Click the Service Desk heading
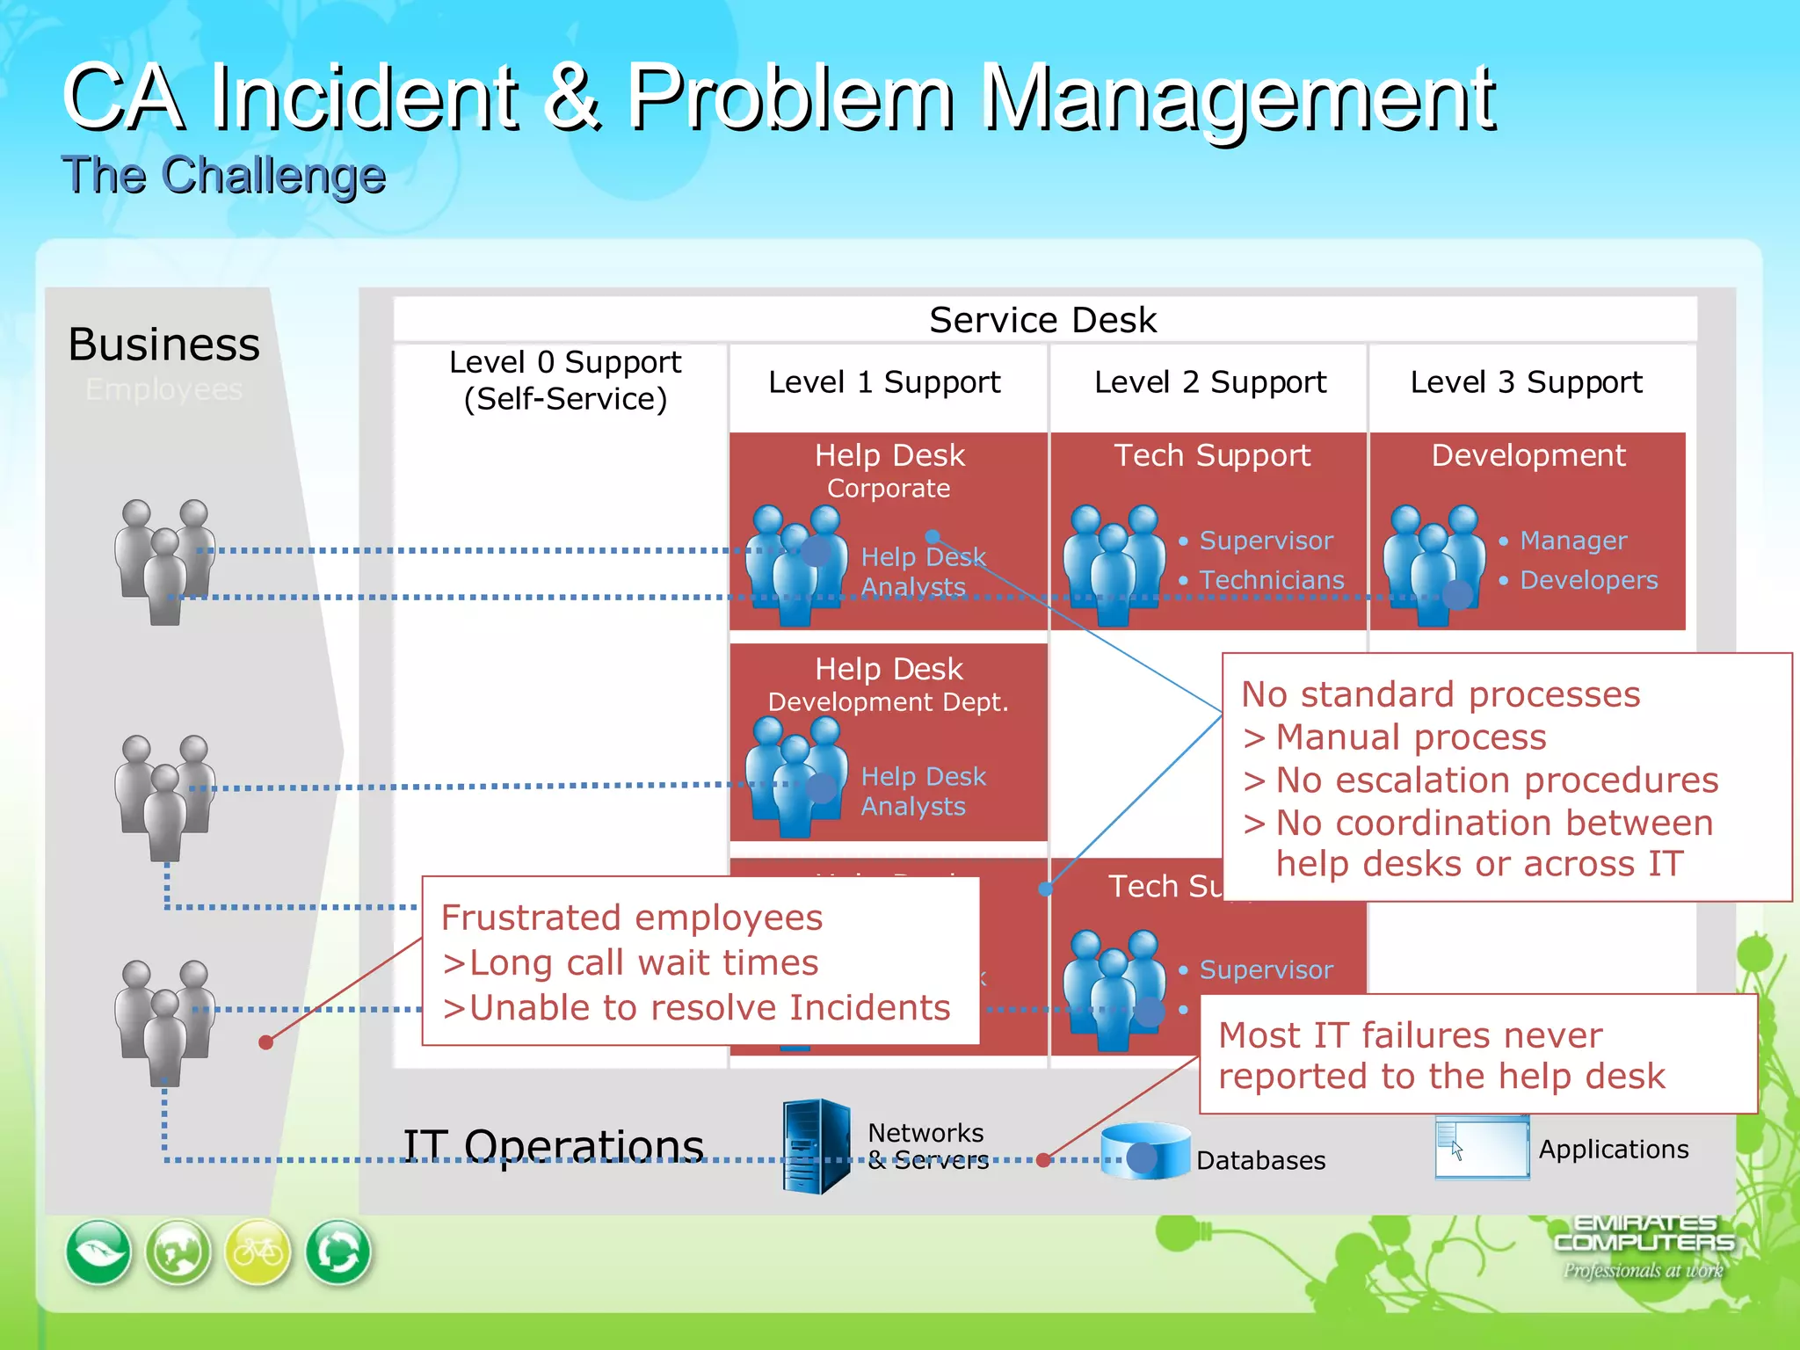(x=1042, y=320)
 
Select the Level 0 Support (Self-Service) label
(x=565, y=381)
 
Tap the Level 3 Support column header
(x=1526, y=382)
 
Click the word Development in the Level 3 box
(x=1528, y=455)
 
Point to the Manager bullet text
(x=1573, y=541)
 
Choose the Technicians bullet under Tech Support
(x=1271, y=580)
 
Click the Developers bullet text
(x=1588, y=580)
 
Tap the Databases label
(x=1260, y=1160)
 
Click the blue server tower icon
(x=817, y=1146)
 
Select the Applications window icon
(x=1482, y=1147)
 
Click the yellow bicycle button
(x=258, y=1252)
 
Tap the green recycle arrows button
(x=338, y=1252)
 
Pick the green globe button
(x=178, y=1252)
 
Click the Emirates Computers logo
(x=1644, y=1245)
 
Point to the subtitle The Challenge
(x=223, y=175)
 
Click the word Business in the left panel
(x=164, y=344)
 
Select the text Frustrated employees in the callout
(x=632, y=918)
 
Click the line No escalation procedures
(x=1496, y=780)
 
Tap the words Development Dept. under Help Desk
(x=888, y=702)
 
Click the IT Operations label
(x=554, y=1146)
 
